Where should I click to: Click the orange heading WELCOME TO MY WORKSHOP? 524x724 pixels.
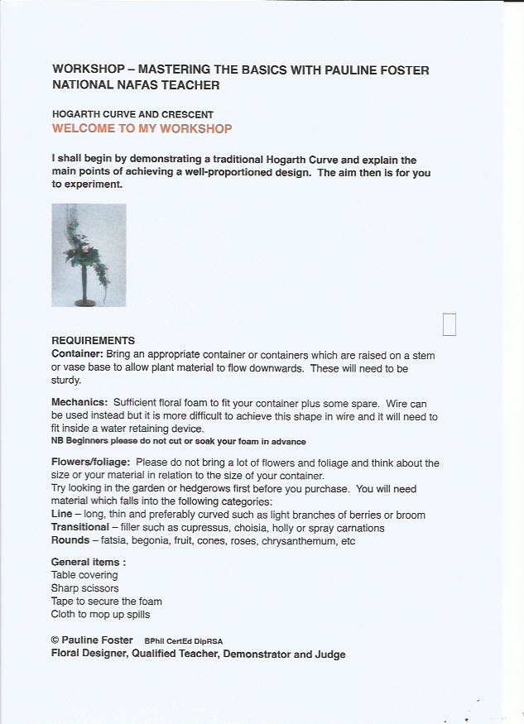[142, 129]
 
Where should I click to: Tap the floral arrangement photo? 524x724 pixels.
[89, 255]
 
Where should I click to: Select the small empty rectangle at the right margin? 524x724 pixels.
[449, 324]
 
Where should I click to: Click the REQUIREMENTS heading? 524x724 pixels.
[93, 340]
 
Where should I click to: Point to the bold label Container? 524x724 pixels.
[77, 354]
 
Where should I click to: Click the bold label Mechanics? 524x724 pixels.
[79, 401]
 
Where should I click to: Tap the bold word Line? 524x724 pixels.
[62, 515]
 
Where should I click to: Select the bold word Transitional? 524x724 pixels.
[79, 527]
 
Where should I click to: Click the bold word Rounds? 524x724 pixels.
[70, 540]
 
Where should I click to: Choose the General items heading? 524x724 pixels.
[89, 562]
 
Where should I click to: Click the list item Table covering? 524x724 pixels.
[84, 574]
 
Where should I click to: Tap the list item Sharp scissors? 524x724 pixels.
[84, 587]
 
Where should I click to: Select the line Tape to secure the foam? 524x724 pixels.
[107, 601]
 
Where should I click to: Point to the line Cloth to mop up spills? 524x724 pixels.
[101, 614]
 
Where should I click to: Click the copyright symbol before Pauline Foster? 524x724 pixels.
[55, 640]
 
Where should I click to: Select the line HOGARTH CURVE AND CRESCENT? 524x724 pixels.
[132, 114]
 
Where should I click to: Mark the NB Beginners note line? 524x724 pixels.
[179, 441]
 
